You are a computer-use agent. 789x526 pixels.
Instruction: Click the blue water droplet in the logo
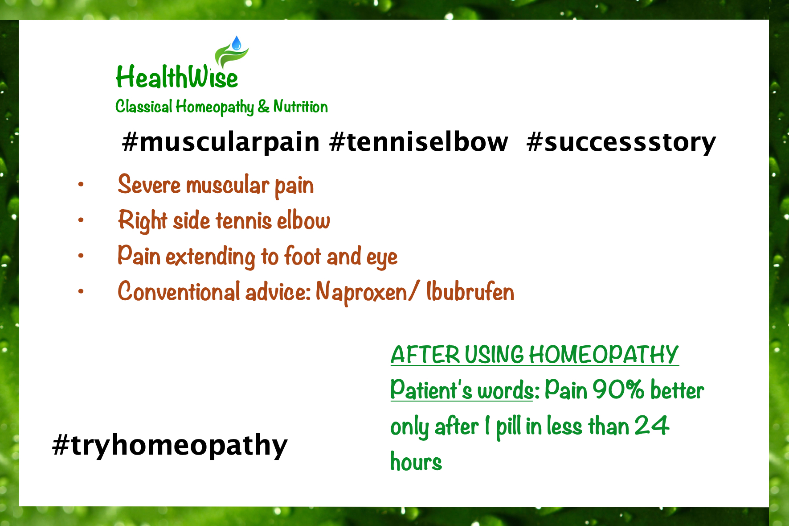237,43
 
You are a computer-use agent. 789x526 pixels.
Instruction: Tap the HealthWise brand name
177,77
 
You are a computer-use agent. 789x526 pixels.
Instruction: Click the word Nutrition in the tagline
300,107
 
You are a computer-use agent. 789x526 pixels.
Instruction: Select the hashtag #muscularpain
221,142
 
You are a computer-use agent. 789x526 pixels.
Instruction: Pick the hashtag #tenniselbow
419,142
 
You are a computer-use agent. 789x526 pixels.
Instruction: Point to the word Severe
149,184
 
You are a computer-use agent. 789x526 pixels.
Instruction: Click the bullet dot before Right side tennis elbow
81,220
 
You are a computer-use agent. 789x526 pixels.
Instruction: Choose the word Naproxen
361,292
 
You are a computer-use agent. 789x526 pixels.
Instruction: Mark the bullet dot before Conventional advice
81,291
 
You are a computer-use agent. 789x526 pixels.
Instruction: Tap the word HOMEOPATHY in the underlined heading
604,355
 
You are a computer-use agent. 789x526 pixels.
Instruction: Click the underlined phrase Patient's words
462,389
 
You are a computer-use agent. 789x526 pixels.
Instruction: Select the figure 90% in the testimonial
618,389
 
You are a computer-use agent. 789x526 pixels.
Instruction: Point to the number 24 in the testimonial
652,425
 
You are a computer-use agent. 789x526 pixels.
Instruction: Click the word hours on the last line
416,461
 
